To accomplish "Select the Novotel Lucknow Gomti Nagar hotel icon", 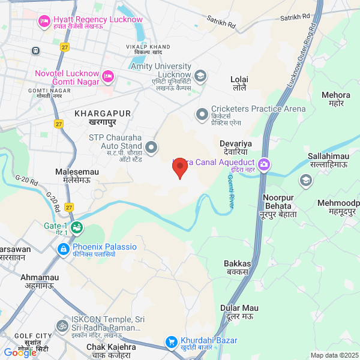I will click(108, 76).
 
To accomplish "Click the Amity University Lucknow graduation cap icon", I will click(200, 76).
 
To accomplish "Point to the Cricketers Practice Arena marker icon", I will click(202, 113).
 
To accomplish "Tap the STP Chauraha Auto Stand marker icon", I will click(151, 146).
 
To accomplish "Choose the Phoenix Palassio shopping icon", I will click(63, 248).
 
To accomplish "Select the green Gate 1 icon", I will click(76, 227).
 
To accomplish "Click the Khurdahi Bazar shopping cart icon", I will click(171, 342).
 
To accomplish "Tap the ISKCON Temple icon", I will click(61, 326).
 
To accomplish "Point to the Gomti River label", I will click(231, 191).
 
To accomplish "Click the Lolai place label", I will click(239, 79).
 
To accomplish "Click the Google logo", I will click(20, 352).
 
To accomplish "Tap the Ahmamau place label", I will click(40, 278).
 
